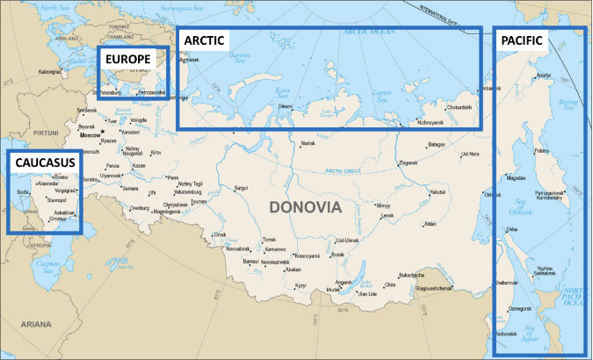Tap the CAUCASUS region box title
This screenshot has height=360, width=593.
[42, 162]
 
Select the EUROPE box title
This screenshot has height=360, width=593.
[130, 60]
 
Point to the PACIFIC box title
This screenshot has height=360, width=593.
[522, 40]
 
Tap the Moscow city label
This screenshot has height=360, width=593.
[90, 136]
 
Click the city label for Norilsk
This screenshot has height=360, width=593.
[307, 143]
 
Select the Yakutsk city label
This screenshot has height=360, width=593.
[438, 191]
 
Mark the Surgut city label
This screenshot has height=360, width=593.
[242, 187]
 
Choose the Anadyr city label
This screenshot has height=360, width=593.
[546, 76]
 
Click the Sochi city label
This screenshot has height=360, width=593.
[24, 190]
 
